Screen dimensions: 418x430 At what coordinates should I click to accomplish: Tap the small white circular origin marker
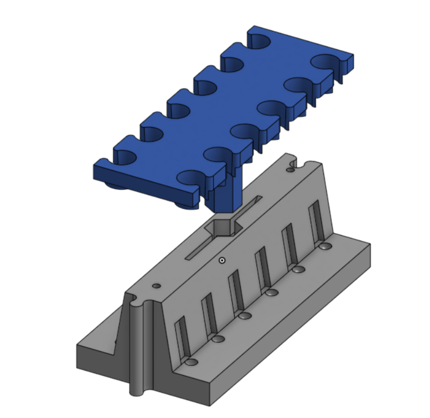click(222, 260)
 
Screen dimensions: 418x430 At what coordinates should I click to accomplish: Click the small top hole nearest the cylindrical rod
click(157, 284)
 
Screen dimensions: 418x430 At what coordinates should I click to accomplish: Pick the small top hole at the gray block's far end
click(290, 169)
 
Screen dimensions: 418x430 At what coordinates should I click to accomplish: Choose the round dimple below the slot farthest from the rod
click(325, 246)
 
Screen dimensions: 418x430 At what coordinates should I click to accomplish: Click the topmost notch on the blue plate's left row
click(259, 41)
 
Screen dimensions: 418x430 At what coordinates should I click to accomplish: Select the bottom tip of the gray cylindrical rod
click(137, 389)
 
